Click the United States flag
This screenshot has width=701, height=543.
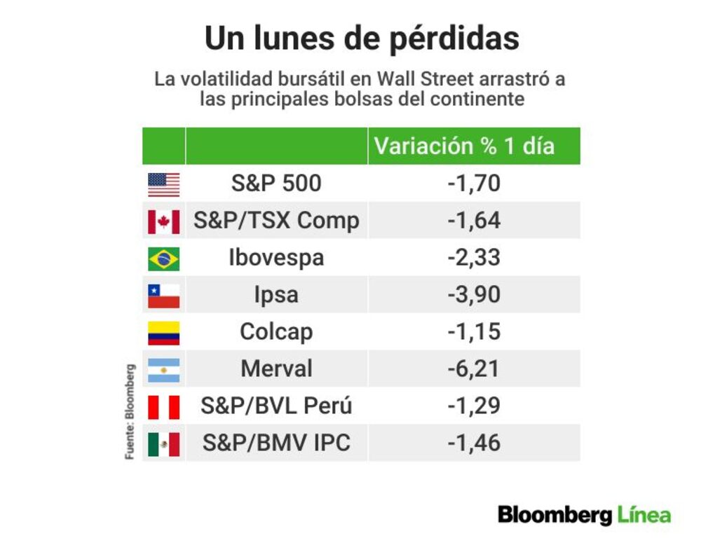pos(163,184)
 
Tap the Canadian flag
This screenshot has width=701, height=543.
pos(163,221)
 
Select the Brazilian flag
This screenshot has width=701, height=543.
pos(163,259)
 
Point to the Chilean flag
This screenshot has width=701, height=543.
pos(163,296)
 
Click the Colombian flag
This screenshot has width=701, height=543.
pos(163,333)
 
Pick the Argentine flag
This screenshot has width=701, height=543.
pos(163,370)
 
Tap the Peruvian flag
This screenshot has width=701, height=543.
pos(163,407)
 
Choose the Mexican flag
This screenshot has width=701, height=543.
pos(163,444)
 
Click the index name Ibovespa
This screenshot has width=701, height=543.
pos(276,258)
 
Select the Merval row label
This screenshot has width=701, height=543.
pos(276,369)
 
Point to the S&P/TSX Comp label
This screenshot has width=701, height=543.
pos(276,221)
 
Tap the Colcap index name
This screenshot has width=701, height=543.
pos(276,332)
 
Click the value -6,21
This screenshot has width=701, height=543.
pos(474,369)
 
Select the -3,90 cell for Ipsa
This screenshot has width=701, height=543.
pos(474,294)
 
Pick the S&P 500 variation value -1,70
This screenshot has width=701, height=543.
pos(474,184)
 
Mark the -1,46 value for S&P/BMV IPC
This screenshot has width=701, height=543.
pos(474,443)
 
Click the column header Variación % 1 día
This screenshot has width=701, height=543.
pos(465,146)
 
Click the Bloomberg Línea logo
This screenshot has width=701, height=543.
pos(585,515)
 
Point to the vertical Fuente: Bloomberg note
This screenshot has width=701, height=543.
pos(130,411)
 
